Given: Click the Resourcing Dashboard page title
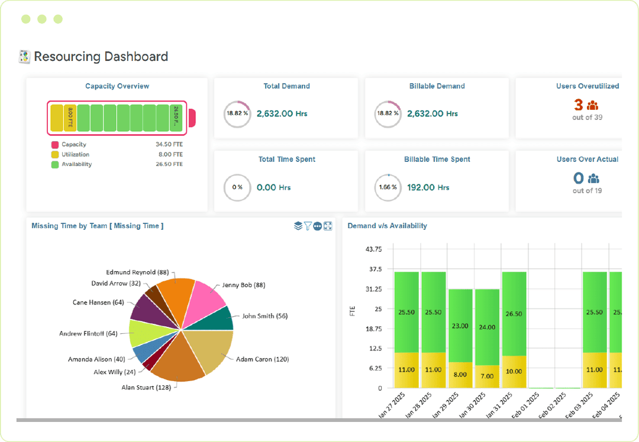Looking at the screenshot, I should click(x=101, y=57).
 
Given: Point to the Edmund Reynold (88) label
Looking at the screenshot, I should click(x=137, y=272).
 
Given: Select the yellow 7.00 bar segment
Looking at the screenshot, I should click(x=487, y=376).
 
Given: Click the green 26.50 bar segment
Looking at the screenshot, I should click(x=514, y=314).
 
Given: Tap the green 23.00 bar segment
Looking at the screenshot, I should click(x=460, y=326).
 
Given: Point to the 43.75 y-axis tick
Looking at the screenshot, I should click(x=374, y=249).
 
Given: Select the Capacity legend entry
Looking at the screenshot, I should click(x=73, y=145).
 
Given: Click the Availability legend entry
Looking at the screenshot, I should click(x=76, y=165).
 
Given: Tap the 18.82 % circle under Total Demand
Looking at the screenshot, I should click(x=237, y=114).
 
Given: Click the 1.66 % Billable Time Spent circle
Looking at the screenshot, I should click(x=388, y=188).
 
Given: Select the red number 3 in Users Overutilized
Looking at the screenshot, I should click(x=578, y=105).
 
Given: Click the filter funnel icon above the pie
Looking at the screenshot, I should click(x=308, y=226).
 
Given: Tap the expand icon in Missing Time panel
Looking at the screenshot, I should click(x=328, y=226).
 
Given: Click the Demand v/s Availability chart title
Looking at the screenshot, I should click(x=387, y=226).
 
